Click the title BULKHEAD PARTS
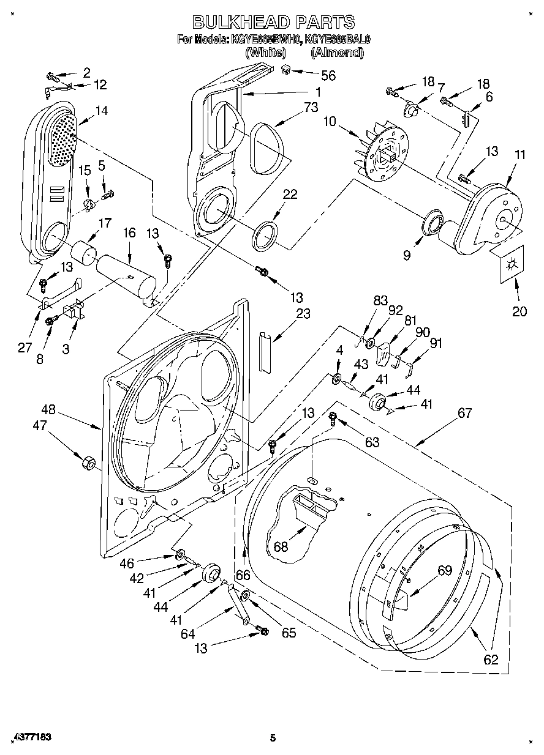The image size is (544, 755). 273,22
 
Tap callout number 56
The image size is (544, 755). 328,75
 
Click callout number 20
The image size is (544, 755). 519,311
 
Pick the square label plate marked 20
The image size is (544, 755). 511,264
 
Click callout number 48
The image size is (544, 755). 49,409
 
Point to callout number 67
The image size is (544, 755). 464,414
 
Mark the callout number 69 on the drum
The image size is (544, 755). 444,571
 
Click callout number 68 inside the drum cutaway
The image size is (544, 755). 281,546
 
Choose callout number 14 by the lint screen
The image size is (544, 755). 100,111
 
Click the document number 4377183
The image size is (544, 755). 30,738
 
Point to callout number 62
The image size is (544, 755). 491,660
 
